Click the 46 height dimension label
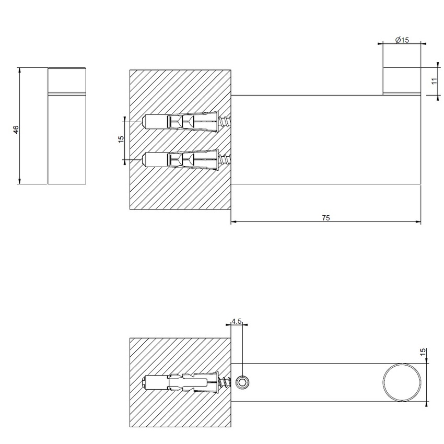pos(16,129)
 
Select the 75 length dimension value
pos(326,217)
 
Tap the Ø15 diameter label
pos(402,40)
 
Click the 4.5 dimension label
pos(236,322)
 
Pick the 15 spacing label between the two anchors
pos(121,139)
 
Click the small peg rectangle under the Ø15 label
pos(402,81)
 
